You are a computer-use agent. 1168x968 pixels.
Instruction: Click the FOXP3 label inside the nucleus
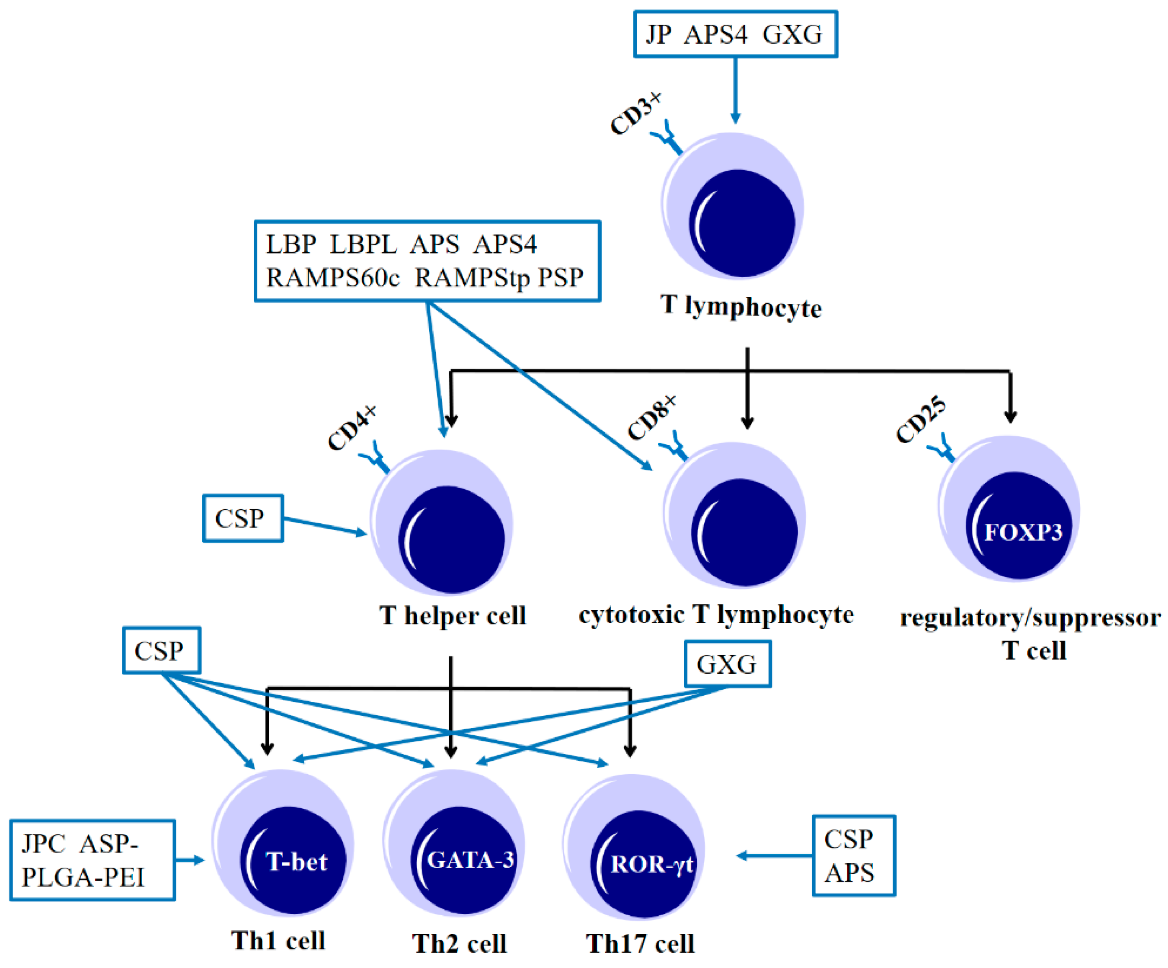pos(1023,533)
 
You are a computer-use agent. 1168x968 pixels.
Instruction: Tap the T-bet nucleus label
pos(297,862)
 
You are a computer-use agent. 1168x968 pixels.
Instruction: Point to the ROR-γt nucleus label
pos(651,865)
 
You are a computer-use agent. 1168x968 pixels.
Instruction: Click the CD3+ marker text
pos(636,114)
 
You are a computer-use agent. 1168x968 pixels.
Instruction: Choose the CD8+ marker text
pos(652,418)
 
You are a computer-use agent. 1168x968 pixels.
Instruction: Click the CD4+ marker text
pos(352,428)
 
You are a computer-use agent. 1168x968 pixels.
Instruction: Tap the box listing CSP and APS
pos(853,856)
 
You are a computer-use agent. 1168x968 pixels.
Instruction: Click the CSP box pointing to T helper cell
pos(243,518)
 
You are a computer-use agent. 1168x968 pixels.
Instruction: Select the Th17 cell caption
pos(640,943)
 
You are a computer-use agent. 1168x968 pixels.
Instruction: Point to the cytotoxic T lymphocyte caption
pos(716,615)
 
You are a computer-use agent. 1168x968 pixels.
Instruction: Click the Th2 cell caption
pos(460,943)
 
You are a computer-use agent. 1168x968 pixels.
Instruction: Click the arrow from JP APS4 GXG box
pos(735,89)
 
